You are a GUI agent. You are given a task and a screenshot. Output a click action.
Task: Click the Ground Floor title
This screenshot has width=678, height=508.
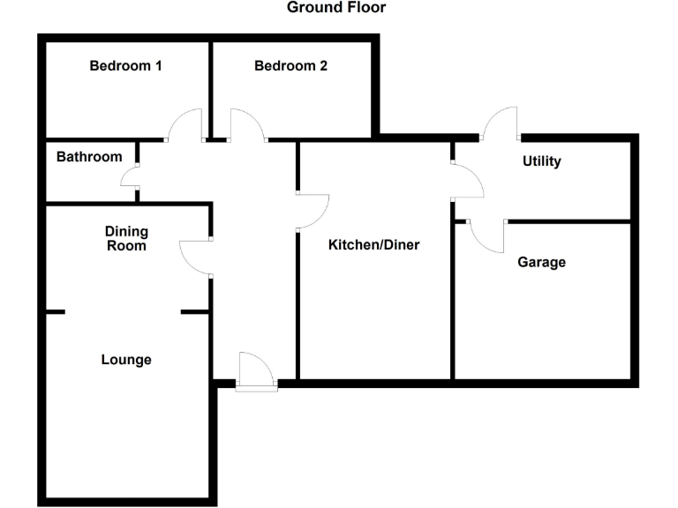pos(336,8)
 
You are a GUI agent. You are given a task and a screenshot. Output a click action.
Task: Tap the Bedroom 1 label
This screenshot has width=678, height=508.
pos(125,65)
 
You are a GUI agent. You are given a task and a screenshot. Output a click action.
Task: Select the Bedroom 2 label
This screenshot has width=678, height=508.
pos(290,65)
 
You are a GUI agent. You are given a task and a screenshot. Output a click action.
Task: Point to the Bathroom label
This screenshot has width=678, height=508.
pos(89,157)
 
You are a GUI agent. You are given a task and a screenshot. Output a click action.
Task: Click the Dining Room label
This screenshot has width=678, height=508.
pos(126,238)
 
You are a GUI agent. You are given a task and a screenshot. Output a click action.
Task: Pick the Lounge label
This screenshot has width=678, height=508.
pos(126,360)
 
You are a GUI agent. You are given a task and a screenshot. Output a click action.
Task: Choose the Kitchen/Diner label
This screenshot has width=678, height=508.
pos(373,245)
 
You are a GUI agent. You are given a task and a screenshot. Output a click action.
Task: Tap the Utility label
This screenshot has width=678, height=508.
pos(541,161)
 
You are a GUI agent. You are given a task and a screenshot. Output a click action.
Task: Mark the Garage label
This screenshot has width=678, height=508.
pos(541,262)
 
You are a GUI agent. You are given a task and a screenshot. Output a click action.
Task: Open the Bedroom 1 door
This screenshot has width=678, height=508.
pos(187,125)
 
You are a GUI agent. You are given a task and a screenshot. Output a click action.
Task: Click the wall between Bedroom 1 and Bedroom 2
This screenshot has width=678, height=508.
pos(210,88)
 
